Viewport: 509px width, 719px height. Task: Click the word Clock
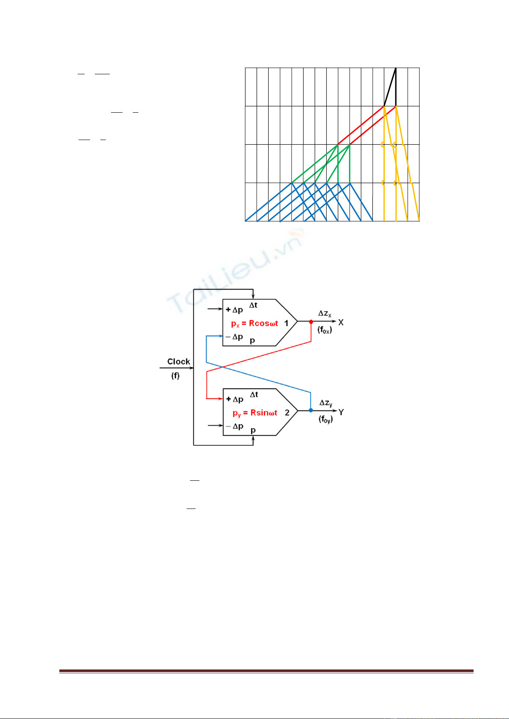point(178,362)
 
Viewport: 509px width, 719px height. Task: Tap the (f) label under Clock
point(175,376)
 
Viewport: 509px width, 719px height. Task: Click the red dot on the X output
point(311,322)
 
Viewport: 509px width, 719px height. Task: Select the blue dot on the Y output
point(311,410)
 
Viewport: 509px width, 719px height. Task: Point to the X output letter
point(341,322)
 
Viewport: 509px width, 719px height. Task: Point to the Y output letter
point(341,412)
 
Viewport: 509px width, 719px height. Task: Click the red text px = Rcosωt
point(254,324)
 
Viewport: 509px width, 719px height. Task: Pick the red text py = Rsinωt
point(255,413)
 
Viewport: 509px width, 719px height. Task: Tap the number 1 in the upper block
point(286,323)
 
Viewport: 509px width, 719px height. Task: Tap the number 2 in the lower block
point(287,413)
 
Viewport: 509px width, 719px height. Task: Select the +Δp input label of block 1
point(234,310)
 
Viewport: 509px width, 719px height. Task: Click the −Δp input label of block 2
point(234,426)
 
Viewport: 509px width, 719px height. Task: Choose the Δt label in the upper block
point(253,305)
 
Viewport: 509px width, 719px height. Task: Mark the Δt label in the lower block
point(254,395)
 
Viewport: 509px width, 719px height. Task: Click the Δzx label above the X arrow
point(325,313)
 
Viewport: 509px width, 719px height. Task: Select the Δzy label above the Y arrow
point(326,403)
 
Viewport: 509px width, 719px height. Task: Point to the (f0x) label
point(325,330)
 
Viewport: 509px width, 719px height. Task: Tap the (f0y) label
point(326,420)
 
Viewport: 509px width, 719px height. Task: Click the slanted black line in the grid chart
point(390,87)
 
